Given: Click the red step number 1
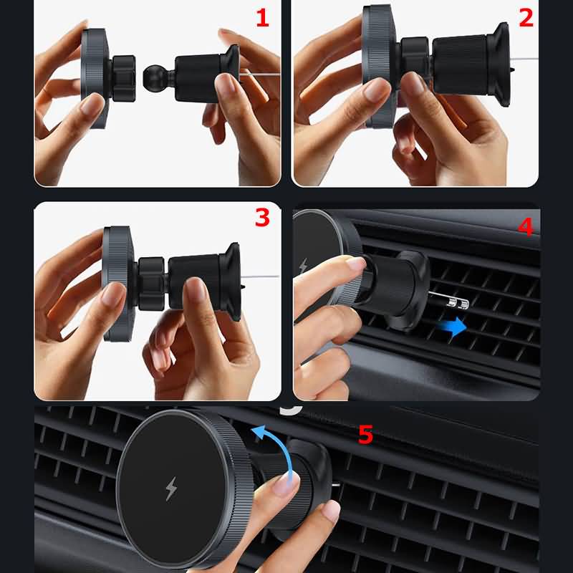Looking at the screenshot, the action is [262, 19].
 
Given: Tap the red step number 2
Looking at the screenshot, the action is [526, 18].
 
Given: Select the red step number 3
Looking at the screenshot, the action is [262, 218].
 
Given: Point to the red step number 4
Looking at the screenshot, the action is [526, 226].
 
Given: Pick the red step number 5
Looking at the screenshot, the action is [365, 435].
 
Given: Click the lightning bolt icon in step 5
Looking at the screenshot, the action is [170, 488].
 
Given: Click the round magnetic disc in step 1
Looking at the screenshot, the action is [95, 78].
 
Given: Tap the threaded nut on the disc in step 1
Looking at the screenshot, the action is [123, 79].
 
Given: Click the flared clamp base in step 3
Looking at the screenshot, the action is [230, 281].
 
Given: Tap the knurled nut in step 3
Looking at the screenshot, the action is [150, 283].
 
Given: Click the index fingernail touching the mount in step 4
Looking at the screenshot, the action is [355, 262].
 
